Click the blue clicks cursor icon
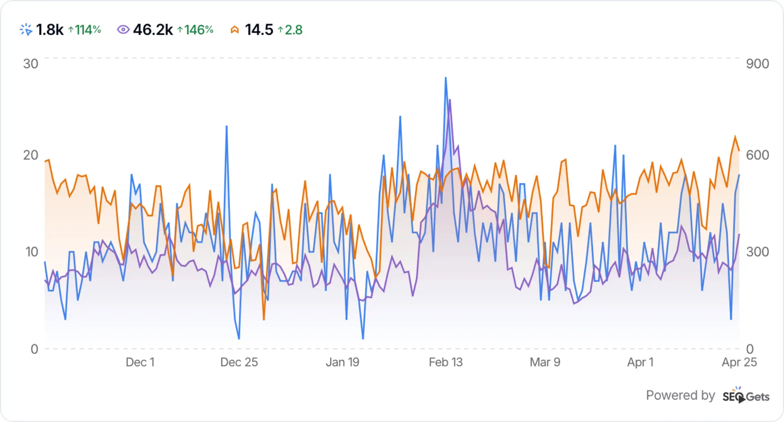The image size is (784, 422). pyautogui.click(x=26, y=30)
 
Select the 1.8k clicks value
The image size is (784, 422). pyautogui.click(x=50, y=30)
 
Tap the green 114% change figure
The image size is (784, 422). pyautogui.click(x=85, y=30)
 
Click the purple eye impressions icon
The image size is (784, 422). pyautogui.click(x=123, y=30)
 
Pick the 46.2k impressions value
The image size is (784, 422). pyautogui.click(x=153, y=30)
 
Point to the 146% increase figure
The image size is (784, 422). pyautogui.click(x=196, y=30)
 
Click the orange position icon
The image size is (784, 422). pyautogui.click(x=234, y=30)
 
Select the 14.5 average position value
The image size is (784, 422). pyautogui.click(x=259, y=30)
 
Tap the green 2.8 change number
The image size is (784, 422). pyautogui.click(x=290, y=30)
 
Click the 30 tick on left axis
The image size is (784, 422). pyautogui.click(x=31, y=64)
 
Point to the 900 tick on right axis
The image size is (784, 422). pyautogui.click(x=757, y=64)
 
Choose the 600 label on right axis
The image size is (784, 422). pyautogui.click(x=757, y=155)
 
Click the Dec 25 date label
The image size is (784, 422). pyautogui.click(x=239, y=362)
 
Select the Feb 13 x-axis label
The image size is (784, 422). pyautogui.click(x=445, y=362)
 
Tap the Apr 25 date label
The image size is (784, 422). pyautogui.click(x=739, y=362)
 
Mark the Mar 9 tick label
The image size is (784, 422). pyautogui.click(x=545, y=362)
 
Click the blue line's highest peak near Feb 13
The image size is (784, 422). pyautogui.click(x=445, y=78)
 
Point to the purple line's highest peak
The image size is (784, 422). pyautogui.click(x=450, y=100)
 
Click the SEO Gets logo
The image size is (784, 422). pyautogui.click(x=746, y=395)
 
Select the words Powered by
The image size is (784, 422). pyautogui.click(x=680, y=395)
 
